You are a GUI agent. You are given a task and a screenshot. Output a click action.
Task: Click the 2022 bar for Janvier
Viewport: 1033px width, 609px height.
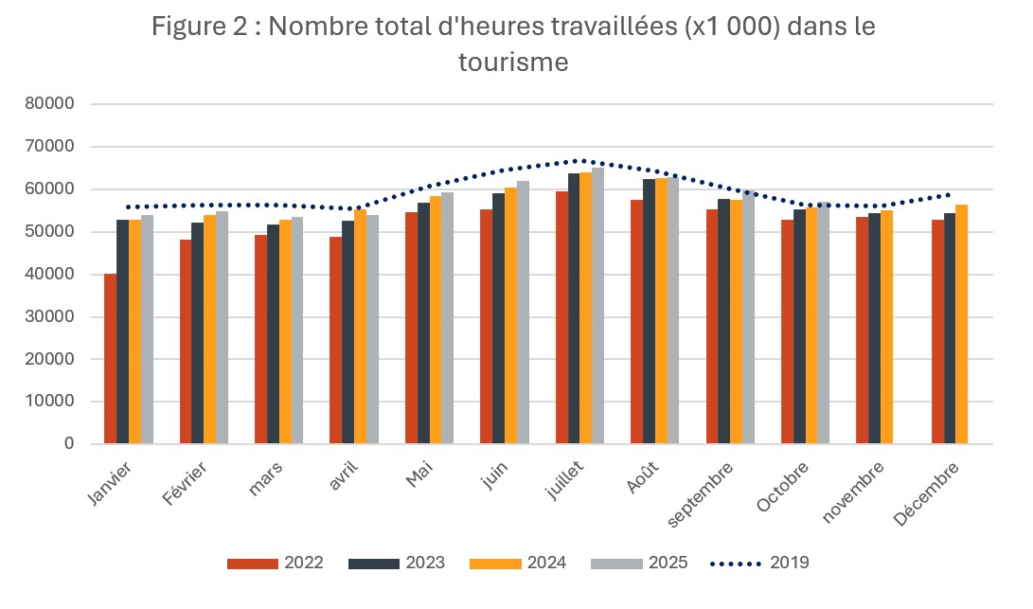(x=110, y=359)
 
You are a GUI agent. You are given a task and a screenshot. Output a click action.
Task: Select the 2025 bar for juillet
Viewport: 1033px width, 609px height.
(x=597, y=306)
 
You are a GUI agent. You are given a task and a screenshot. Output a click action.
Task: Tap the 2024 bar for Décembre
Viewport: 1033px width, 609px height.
(x=961, y=324)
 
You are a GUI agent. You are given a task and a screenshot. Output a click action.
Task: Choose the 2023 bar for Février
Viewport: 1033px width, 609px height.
(x=197, y=333)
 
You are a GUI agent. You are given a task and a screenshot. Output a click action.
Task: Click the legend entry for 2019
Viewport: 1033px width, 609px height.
(x=758, y=563)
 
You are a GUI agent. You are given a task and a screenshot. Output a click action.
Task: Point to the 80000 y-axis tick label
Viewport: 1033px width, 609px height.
(x=56, y=104)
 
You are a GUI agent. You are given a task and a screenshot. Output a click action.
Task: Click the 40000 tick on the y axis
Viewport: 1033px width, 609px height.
(x=56, y=275)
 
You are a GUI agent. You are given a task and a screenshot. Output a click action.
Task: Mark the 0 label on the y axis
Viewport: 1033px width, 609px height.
(x=70, y=444)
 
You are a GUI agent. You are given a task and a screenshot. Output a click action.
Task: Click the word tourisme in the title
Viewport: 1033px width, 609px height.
(x=514, y=63)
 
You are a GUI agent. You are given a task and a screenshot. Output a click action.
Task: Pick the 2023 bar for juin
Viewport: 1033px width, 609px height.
(x=498, y=318)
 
